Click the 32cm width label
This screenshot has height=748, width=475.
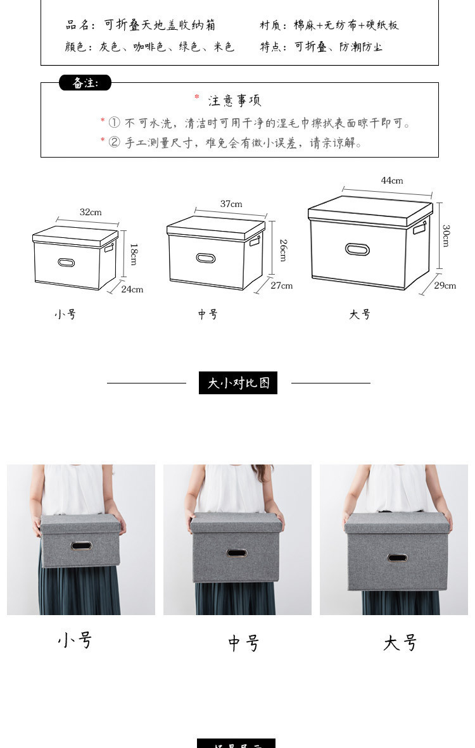click(x=91, y=212)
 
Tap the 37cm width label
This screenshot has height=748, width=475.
click(x=231, y=204)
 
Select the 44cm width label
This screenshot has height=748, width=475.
click(x=391, y=180)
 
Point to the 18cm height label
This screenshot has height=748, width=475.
click(x=133, y=254)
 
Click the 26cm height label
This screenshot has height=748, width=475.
click(x=282, y=250)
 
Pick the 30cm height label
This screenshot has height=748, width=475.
click(x=446, y=235)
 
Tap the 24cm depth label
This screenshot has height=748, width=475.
click(x=132, y=289)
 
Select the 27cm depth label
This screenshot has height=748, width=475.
click(x=282, y=285)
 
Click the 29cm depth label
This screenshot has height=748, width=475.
click(x=445, y=285)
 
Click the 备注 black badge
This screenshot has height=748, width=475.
click(x=85, y=83)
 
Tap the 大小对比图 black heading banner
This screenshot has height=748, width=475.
click(x=238, y=383)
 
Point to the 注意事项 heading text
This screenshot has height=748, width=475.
click(x=234, y=101)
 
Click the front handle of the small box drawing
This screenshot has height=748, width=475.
click(x=66, y=262)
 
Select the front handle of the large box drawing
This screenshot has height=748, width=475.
click(x=357, y=249)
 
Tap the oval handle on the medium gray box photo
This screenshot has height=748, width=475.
click(x=237, y=552)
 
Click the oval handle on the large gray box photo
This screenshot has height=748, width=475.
click(x=397, y=558)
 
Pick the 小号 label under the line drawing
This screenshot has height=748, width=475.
click(x=65, y=315)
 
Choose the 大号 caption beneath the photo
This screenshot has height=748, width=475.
click(x=400, y=643)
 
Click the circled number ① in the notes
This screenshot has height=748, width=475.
click(x=114, y=123)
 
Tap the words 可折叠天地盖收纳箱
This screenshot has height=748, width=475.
click(x=160, y=25)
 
